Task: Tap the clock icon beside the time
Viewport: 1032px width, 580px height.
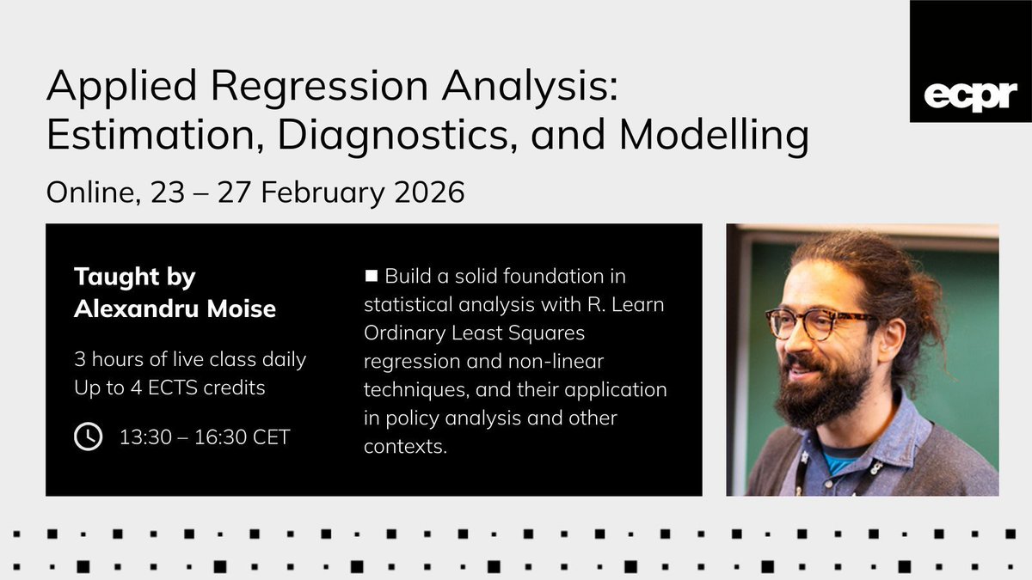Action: click(x=89, y=437)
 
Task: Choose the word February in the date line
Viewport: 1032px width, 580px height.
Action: click(x=316, y=191)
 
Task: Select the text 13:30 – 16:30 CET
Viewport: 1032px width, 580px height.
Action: click(x=205, y=437)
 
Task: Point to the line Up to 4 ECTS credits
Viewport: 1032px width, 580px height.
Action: click(x=169, y=388)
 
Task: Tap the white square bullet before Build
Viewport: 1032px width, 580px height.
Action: click(x=372, y=277)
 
